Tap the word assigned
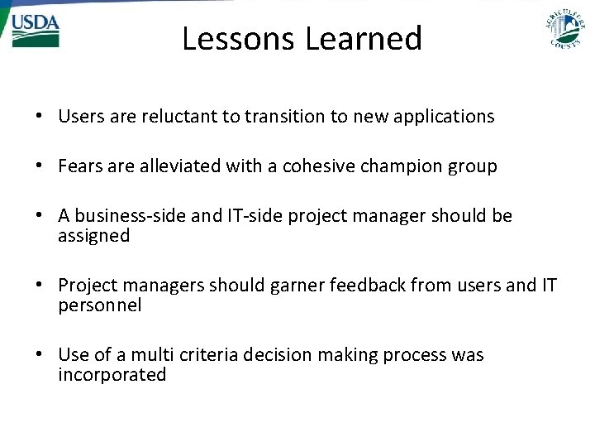(94, 236)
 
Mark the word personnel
(100, 305)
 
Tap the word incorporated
(112, 375)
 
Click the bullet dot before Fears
(40, 167)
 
